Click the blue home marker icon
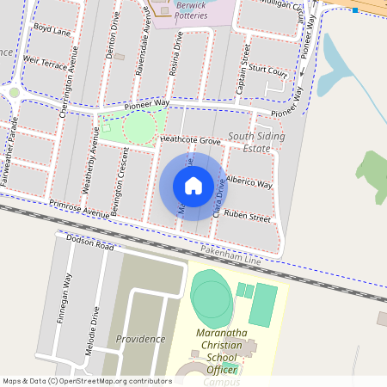[x=193, y=186]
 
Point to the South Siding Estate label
[x=256, y=143]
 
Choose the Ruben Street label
[x=247, y=217]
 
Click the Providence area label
[x=140, y=339]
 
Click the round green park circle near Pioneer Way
[x=138, y=127]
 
